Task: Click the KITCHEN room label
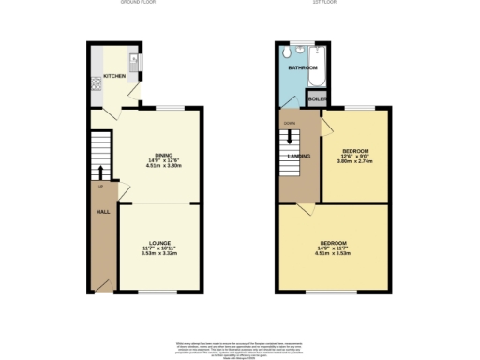[114, 76]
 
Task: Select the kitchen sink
[135, 63]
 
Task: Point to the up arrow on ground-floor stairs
[101, 172]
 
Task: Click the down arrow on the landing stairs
[290, 137]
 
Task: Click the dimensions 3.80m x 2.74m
[354, 161]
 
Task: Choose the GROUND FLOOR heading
[138, 3]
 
